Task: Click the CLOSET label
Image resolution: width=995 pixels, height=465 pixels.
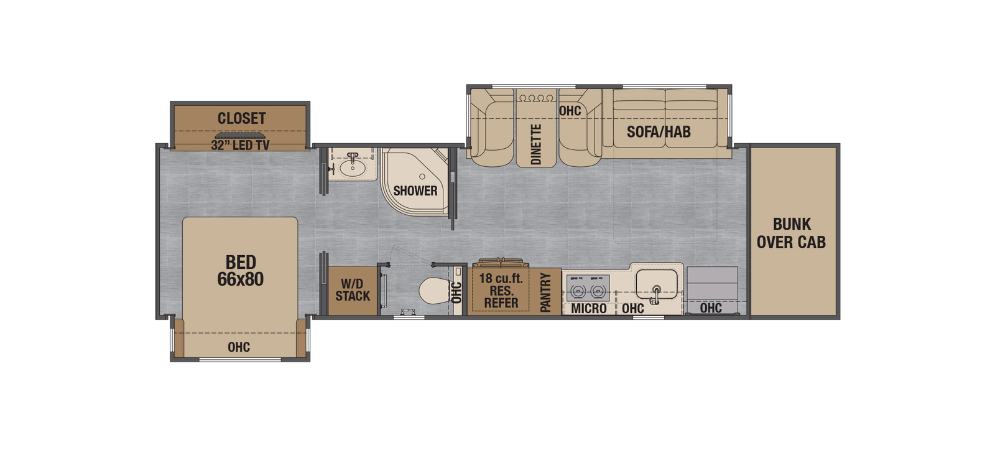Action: (241, 118)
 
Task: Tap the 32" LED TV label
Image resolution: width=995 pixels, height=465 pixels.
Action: (240, 146)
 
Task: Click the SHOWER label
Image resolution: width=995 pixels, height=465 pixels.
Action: (415, 190)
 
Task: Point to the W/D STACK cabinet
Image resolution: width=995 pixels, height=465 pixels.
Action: (353, 289)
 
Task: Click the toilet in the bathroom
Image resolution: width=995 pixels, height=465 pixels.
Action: (433, 290)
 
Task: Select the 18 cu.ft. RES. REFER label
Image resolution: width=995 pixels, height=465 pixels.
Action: (501, 290)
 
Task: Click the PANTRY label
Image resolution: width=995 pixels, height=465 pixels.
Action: (545, 292)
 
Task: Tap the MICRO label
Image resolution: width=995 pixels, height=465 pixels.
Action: (588, 308)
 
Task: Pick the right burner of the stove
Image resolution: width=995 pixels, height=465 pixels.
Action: (598, 290)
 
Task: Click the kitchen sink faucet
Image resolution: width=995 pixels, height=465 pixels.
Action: (656, 289)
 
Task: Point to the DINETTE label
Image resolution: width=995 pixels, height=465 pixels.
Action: (536, 144)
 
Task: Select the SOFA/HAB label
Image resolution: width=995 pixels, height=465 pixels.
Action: (659, 131)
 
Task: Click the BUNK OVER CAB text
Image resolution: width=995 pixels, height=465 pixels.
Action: (791, 233)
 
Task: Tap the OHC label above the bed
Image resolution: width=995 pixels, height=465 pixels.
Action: (238, 347)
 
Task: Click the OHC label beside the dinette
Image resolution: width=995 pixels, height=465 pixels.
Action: (569, 111)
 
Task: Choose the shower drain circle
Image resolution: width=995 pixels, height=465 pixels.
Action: (422, 177)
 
